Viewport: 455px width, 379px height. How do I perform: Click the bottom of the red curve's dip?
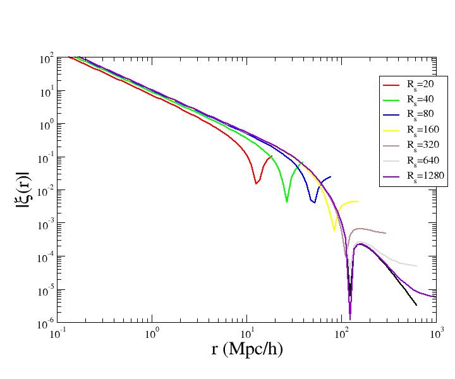[x=256, y=184]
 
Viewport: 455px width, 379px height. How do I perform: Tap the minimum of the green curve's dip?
[x=287, y=202]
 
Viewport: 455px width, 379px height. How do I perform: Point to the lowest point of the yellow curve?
[x=334, y=231]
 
